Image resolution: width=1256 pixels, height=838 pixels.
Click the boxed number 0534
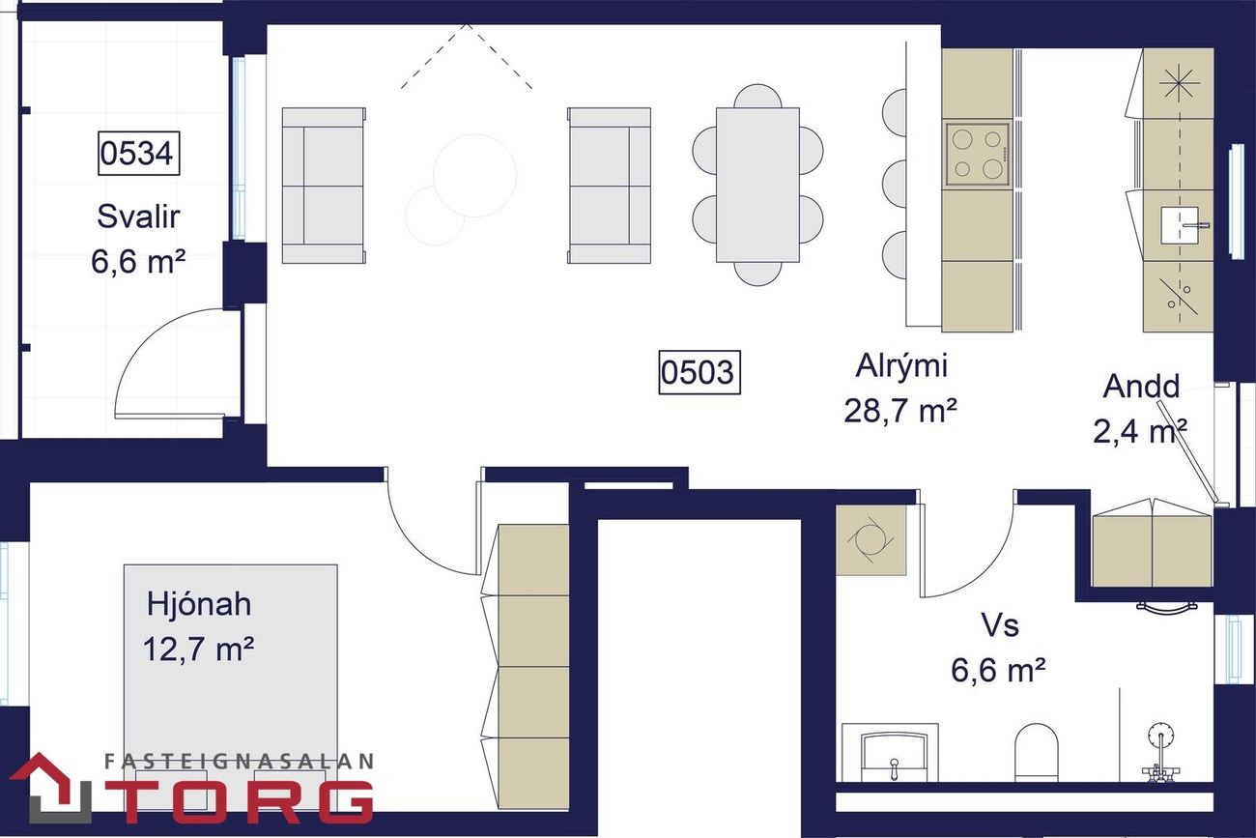tap(138, 153)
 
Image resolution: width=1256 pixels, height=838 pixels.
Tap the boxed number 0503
tap(699, 372)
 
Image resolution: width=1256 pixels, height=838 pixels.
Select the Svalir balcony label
tap(138, 217)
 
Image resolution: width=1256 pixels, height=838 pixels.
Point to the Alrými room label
tap(901, 366)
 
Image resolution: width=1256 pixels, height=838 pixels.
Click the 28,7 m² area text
tap(900, 411)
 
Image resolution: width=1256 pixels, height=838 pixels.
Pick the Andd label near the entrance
tap(1141, 386)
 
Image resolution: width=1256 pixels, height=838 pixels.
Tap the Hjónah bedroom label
tap(199, 604)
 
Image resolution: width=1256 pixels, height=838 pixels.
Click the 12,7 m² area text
tap(198, 649)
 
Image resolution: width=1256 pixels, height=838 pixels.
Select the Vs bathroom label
tap(1000, 624)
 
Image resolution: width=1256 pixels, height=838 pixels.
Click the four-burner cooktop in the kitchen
tap(978, 155)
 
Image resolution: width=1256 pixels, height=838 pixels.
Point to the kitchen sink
tap(1179, 225)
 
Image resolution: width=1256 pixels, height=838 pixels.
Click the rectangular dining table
tap(757, 186)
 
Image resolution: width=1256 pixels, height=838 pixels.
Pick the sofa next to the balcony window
tap(324, 186)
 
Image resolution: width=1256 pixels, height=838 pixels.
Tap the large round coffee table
tap(475, 176)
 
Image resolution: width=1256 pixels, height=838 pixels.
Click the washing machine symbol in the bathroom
tap(871, 539)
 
